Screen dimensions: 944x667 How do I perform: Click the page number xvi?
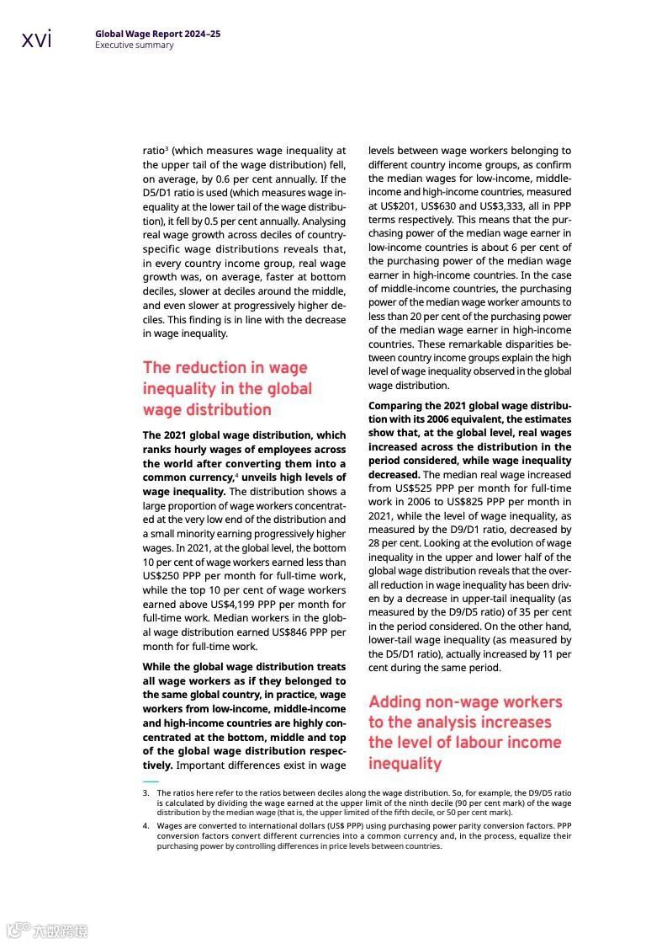tap(36, 39)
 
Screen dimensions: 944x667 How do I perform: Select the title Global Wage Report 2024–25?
tap(157, 34)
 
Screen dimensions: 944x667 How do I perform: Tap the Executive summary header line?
tap(134, 45)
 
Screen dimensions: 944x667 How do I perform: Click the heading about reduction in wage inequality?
tap(226, 388)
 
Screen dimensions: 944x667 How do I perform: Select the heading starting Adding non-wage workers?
tap(465, 732)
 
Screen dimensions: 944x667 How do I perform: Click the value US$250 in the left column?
tap(161, 575)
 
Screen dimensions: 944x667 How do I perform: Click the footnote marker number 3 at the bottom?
tap(146, 793)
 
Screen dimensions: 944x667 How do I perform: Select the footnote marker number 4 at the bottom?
tap(146, 826)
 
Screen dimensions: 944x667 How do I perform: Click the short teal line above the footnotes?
tap(150, 781)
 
